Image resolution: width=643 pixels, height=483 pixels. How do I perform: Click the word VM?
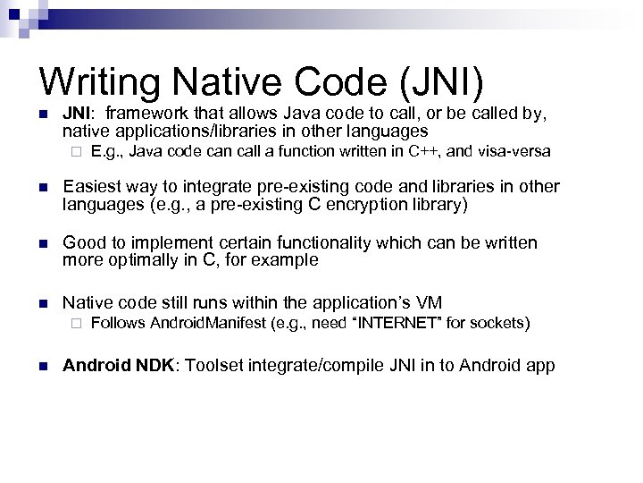pos(429,302)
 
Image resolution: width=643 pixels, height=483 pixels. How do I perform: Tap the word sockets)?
pos(503,322)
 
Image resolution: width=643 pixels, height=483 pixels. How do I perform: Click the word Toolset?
pos(220,366)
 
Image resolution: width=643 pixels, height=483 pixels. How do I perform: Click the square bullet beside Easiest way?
pos(41,187)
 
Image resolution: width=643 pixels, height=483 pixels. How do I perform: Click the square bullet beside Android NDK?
pos(41,366)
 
